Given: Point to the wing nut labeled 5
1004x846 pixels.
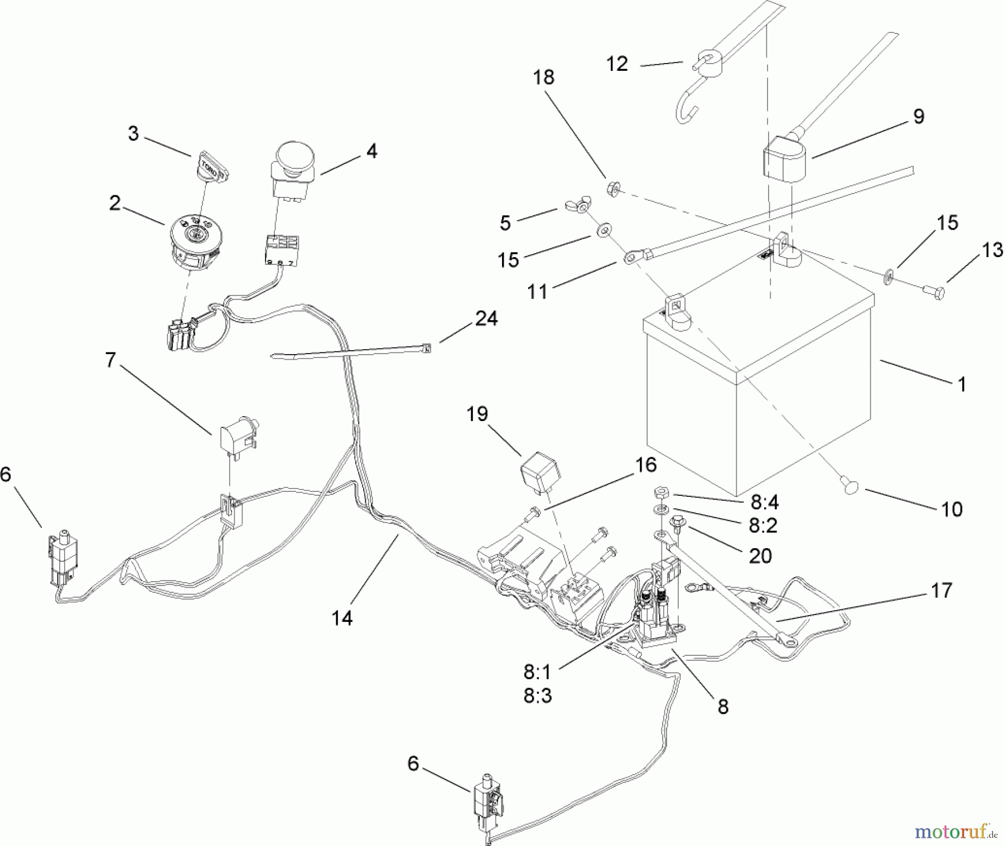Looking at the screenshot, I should [x=577, y=207].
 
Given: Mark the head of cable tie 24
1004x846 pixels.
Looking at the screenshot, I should [x=427, y=349].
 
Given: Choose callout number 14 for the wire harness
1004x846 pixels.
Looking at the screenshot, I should [x=343, y=618].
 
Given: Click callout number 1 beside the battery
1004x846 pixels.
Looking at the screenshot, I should [x=961, y=384].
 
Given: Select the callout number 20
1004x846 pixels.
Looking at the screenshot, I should [x=761, y=555].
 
